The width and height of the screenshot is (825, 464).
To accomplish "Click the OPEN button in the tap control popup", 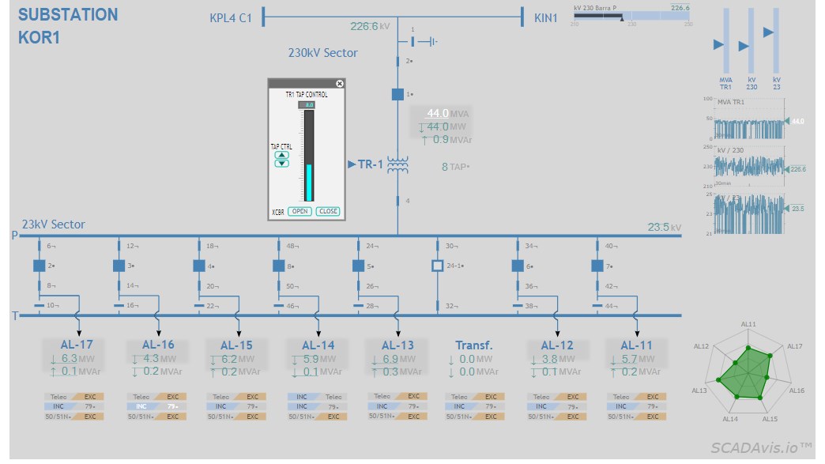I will [299, 211].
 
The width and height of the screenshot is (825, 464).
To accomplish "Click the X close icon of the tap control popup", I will [340, 83].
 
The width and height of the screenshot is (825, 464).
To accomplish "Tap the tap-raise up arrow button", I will [282, 155].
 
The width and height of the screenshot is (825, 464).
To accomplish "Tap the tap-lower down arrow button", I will [282, 164].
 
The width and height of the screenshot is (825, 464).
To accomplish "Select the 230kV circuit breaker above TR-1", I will [397, 94].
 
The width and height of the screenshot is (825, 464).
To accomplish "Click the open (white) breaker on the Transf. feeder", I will [438, 266].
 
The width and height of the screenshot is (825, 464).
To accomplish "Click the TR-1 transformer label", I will [371, 164].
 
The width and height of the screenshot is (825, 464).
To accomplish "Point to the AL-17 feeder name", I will [77, 345].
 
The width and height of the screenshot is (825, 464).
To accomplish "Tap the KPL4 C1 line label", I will [231, 17].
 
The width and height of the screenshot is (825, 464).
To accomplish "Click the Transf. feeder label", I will [474, 345].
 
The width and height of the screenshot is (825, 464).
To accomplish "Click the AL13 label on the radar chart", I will [699, 390].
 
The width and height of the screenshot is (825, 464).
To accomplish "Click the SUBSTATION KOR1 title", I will [68, 25].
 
